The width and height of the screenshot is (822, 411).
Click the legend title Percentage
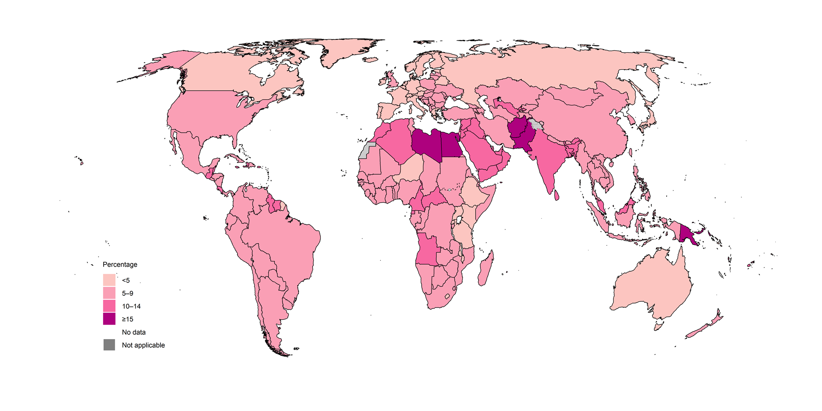click(120, 265)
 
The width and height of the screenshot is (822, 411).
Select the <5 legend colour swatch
click(109, 280)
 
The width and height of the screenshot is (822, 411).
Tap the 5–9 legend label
click(128, 293)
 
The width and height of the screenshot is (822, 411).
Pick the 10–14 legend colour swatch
click(109, 306)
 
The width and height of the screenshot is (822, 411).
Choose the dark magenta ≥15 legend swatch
click(109, 319)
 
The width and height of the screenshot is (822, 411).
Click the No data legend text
click(134, 332)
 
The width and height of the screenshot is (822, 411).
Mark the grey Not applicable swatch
click(109, 345)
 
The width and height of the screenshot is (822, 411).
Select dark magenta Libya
click(426, 143)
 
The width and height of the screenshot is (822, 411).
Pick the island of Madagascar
click(486, 270)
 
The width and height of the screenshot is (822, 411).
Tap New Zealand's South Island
click(700, 330)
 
